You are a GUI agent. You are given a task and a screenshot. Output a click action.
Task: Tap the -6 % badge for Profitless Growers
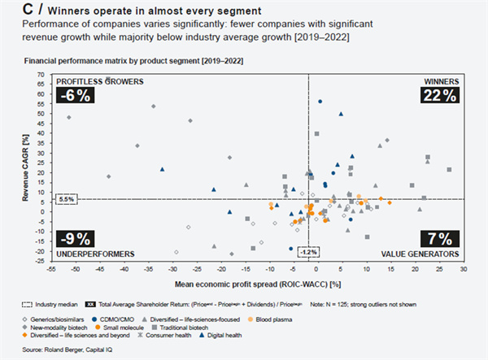[75, 96]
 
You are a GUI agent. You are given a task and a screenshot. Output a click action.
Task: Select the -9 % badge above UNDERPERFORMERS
[76, 239]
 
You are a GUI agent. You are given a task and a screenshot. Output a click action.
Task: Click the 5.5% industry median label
[67, 198]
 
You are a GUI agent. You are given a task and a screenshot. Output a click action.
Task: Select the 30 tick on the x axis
[463, 267]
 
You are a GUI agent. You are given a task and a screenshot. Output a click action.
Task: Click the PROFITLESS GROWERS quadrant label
[98, 81]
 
